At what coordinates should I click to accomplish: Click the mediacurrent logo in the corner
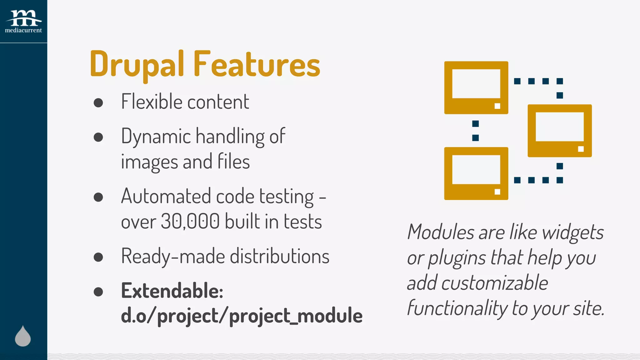tap(23, 21)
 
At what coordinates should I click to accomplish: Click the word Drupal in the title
tap(137, 65)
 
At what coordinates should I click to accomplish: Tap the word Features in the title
tap(257, 65)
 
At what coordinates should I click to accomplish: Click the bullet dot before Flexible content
tap(98, 103)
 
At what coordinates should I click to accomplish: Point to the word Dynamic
tap(156, 137)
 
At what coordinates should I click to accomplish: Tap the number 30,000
tap(190, 222)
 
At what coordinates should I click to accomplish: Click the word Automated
tap(166, 196)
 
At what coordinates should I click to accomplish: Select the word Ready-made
tap(173, 256)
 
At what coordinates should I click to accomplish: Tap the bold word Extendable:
tap(172, 291)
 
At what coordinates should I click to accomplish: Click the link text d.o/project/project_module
tap(242, 316)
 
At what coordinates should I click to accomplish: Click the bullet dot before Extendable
tap(98, 292)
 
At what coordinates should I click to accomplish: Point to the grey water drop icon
tap(23, 336)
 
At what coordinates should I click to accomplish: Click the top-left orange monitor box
tap(476, 87)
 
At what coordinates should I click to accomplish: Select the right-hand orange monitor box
tap(559, 131)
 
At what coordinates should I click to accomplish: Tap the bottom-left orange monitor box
tap(476, 173)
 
